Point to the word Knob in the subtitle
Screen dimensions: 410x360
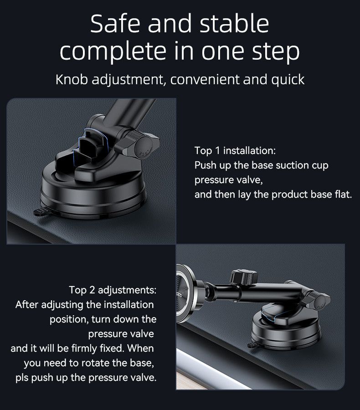click(x=72, y=80)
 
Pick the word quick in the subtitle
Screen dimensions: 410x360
click(x=288, y=80)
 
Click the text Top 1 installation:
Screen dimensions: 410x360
click(x=235, y=150)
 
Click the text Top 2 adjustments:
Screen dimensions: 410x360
click(x=113, y=290)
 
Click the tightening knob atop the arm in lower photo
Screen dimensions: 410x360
click(x=244, y=277)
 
